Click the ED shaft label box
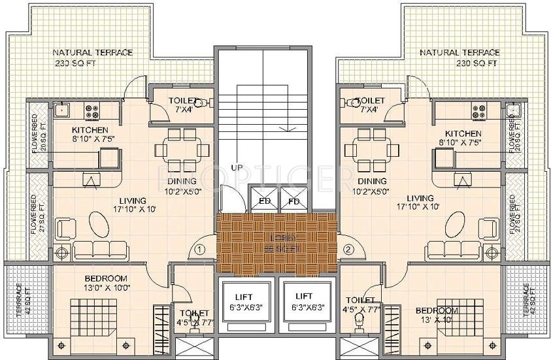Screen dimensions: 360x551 click(265, 201)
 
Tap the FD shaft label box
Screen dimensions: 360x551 click(294, 201)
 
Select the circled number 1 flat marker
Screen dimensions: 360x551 click(201, 249)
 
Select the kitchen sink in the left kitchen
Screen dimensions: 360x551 click(63, 109)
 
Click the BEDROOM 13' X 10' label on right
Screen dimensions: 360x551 click(437, 315)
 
